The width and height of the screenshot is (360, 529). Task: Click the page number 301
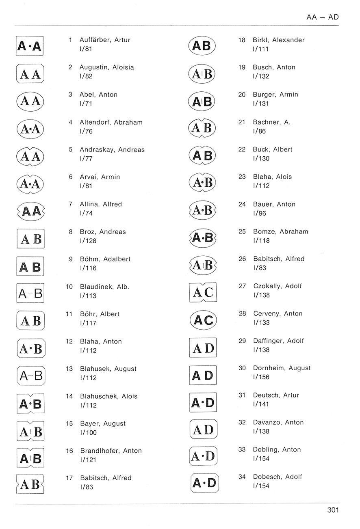333,510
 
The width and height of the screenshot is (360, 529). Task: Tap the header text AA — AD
322,17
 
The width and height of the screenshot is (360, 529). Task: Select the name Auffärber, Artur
105,40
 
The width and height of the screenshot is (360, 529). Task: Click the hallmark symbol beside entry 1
30,46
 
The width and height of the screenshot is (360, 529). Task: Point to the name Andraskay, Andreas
112,150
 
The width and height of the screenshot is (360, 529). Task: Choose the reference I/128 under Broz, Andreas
88,241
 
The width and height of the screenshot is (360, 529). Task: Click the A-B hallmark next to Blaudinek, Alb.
30,293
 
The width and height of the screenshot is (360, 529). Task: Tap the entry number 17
69,478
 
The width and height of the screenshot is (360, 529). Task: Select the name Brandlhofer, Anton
111,451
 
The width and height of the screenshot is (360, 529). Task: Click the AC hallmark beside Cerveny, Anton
203,320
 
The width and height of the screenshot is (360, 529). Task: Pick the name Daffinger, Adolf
278,341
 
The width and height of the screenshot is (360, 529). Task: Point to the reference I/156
261,377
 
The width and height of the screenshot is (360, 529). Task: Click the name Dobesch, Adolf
278,477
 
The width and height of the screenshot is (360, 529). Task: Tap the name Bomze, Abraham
280,232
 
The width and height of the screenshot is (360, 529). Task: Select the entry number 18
242,40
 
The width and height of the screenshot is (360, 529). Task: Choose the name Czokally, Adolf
278,286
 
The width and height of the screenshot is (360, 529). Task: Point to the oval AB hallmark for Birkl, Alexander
202,46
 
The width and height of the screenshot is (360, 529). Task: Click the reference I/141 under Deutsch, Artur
261,404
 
